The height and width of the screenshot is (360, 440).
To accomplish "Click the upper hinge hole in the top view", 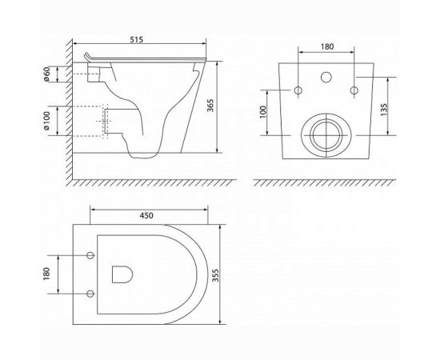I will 90,255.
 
